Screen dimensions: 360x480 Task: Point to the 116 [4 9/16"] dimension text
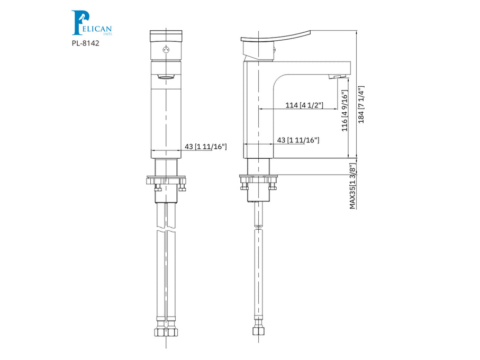tap(345, 111)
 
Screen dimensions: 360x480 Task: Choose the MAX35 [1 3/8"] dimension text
tap(352, 185)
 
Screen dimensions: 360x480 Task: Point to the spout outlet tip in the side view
tap(334, 77)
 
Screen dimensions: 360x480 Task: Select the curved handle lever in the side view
tap(275, 39)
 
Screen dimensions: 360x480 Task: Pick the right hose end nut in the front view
tap(172, 333)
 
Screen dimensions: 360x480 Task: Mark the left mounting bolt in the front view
tap(157, 186)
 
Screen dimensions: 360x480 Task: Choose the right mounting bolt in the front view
tap(181, 186)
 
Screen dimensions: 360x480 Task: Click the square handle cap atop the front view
tap(166, 37)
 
